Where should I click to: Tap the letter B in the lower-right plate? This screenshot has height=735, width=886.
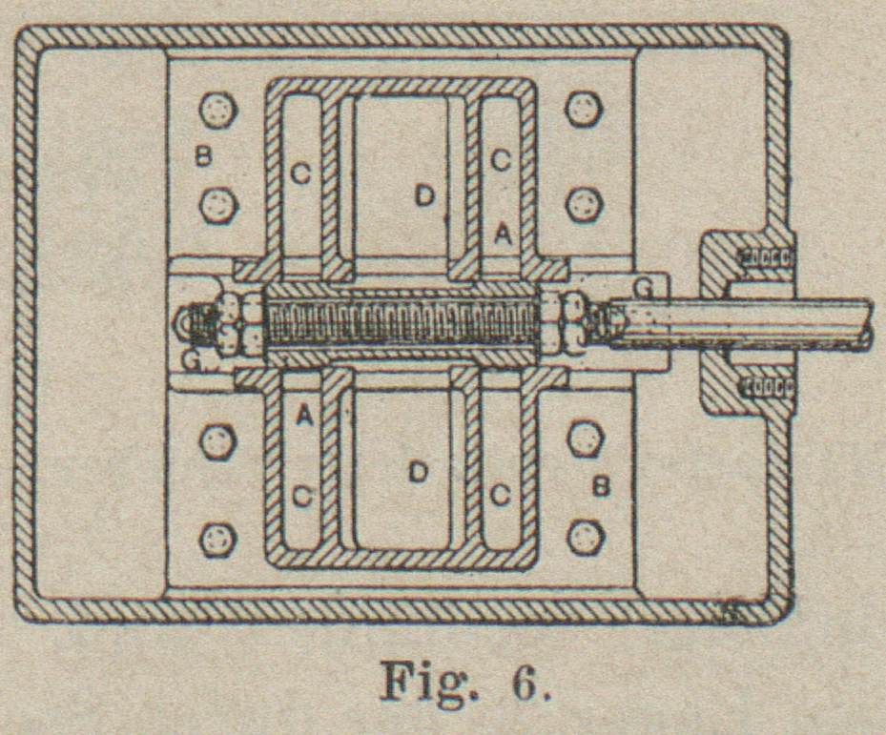601,486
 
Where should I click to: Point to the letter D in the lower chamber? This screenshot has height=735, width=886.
417,472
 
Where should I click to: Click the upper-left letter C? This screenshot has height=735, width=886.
300,173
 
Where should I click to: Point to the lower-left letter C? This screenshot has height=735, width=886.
301,497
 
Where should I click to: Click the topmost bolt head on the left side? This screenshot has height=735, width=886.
218,110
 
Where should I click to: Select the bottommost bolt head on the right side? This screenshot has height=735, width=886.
586,538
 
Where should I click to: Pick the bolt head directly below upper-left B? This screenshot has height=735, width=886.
218,204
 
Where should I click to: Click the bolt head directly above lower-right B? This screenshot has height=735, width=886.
585,439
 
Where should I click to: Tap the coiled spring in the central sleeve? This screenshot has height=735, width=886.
401,324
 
